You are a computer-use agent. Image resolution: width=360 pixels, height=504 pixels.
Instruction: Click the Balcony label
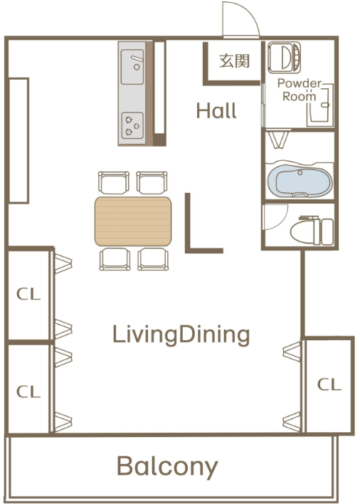[167, 467]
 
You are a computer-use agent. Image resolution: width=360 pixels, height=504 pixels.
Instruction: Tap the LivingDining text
[181, 335]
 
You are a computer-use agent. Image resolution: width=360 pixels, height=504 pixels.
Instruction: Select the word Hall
[216, 111]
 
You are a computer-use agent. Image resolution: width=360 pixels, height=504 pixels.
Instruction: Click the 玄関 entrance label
[235, 61]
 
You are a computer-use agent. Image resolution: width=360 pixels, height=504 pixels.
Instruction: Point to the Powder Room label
[299, 90]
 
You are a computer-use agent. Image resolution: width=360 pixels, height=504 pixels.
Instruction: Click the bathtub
[300, 181]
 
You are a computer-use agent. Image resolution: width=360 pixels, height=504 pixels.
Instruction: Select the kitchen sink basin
[132, 67]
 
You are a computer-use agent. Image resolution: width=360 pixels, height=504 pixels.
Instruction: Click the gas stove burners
[132, 125]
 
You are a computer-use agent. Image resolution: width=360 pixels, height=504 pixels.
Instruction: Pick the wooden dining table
[133, 221]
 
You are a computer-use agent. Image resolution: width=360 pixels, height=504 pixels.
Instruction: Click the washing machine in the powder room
[285, 57]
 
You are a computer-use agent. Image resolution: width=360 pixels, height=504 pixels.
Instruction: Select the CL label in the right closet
[329, 384]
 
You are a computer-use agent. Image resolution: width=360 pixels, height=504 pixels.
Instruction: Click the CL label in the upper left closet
[28, 294]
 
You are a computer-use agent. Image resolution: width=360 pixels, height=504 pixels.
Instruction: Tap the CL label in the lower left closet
[28, 392]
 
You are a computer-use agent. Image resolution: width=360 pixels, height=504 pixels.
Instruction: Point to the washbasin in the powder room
[320, 105]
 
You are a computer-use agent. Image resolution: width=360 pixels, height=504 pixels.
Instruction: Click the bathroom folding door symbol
[278, 139]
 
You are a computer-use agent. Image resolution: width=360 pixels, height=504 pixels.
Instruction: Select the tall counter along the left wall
[18, 140]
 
